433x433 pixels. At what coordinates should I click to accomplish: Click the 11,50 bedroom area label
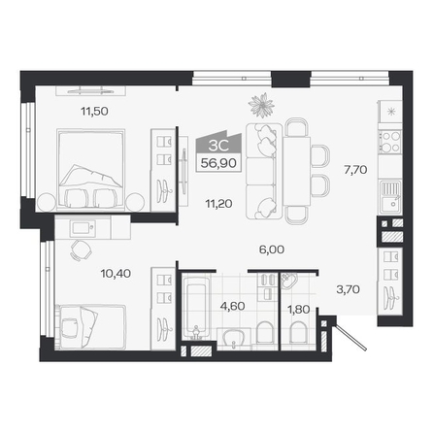pos(94,112)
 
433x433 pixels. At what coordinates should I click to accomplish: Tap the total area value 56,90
pos(218,163)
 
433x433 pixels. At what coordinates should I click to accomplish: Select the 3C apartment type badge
pos(218,145)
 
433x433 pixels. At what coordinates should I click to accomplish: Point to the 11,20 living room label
pos(218,204)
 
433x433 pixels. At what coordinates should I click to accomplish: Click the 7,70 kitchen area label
pos(355,170)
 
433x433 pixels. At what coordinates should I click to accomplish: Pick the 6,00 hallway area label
pos(272,250)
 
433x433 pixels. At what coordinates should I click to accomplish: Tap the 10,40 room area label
pos(116,274)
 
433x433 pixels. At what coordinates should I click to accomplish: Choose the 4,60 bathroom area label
pos(232,306)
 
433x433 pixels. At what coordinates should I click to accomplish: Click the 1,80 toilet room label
pos(299,310)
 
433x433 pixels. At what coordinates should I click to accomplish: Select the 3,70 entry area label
pos(348,289)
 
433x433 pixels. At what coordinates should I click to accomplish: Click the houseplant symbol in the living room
pos(261,105)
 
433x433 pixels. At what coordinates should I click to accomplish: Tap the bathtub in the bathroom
pos(196,307)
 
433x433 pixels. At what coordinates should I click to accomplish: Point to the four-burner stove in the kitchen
pos(390,142)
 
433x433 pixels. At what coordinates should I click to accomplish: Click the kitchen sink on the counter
pos(390,196)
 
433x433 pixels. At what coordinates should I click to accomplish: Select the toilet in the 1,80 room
pos(298,332)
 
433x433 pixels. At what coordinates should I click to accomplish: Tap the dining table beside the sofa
pos(296,171)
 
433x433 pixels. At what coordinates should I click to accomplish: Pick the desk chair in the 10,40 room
pos(81,250)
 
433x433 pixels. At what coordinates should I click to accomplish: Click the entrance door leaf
pos(351,334)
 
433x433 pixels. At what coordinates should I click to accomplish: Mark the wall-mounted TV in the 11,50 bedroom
pos(90,90)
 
